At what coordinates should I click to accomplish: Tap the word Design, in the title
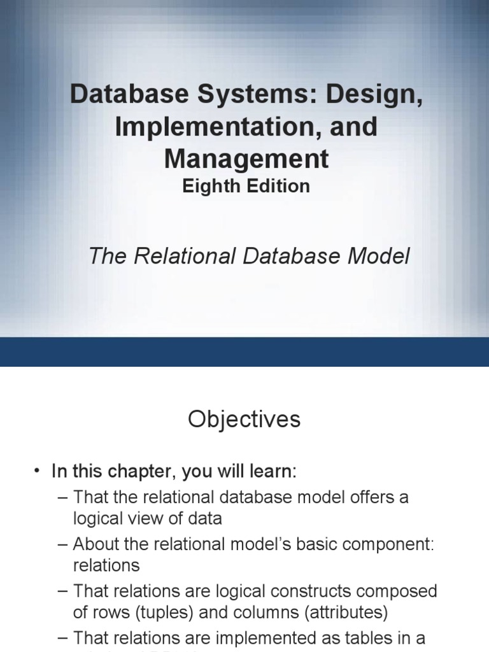click(374, 95)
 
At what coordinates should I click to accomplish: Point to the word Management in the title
click(246, 159)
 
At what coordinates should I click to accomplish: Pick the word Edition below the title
click(278, 186)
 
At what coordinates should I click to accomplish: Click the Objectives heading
click(244, 420)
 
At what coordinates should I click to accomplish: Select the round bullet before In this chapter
click(37, 472)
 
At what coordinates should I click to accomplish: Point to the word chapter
click(143, 472)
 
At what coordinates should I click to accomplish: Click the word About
click(97, 544)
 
